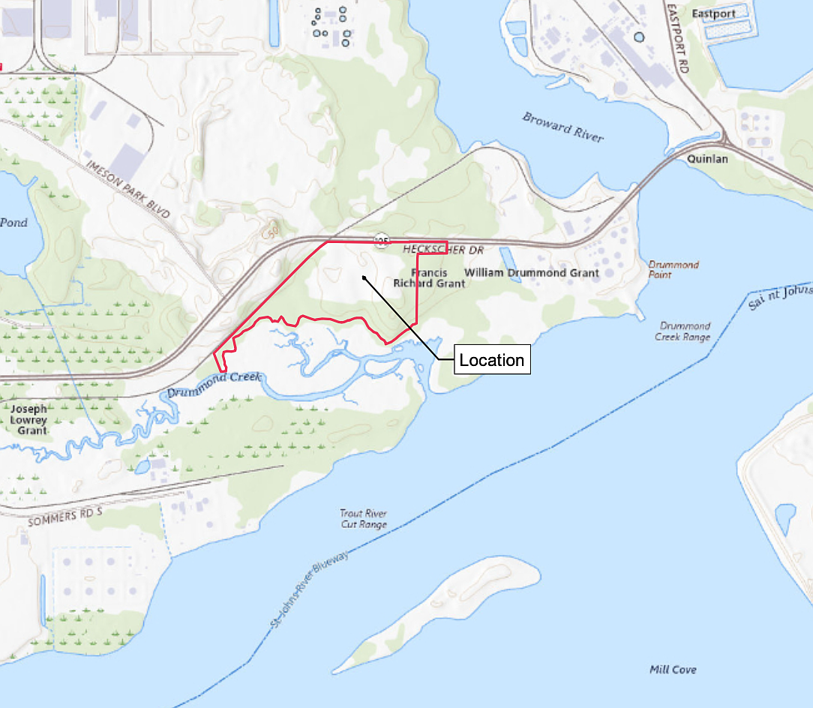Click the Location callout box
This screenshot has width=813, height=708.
coord(492,360)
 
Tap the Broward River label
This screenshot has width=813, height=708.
coord(563,127)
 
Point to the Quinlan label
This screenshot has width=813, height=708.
coord(707,159)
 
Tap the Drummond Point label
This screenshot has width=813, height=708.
coord(673,269)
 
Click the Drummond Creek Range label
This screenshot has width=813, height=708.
coord(683,331)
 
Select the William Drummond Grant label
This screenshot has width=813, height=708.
coord(532,273)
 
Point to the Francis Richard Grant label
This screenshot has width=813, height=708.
coord(429,278)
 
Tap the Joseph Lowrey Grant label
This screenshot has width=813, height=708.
coord(32,419)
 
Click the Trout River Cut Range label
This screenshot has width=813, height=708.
coord(364,519)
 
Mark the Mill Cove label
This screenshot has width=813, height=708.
coord(673,670)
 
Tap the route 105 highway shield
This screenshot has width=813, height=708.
coord(382,240)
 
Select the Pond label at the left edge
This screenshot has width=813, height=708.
coord(13,223)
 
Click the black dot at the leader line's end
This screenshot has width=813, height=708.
coord(364,278)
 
